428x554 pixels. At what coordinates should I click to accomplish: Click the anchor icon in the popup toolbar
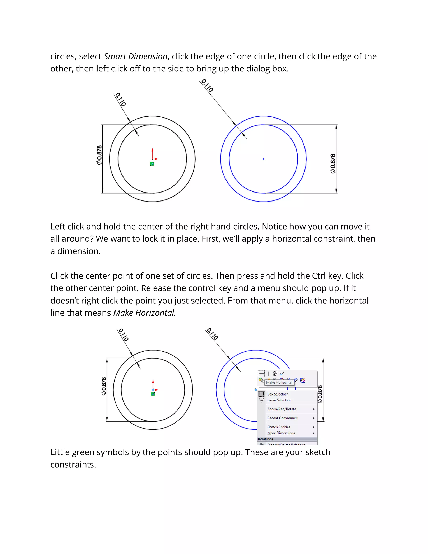click(x=275, y=373)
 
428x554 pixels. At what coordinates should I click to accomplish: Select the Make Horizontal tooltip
click(x=279, y=382)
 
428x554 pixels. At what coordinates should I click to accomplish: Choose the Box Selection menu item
click(x=278, y=394)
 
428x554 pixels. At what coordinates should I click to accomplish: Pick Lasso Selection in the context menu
click(x=279, y=400)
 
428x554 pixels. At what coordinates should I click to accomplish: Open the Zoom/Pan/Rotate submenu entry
click(x=282, y=409)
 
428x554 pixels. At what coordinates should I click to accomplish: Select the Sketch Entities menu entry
click(x=279, y=427)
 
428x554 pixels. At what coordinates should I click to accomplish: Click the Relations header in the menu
click(x=265, y=439)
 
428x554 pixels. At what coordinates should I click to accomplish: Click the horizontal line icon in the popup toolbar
click(x=261, y=374)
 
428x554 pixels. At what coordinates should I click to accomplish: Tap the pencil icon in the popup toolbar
click(x=302, y=380)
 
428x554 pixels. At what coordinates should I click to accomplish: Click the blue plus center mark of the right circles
click(x=264, y=159)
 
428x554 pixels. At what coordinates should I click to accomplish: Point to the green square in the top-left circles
click(x=152, y=164)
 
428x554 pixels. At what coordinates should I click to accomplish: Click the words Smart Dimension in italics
click(x=135, y=56)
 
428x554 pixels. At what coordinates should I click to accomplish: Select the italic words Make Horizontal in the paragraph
click(x=144, y=313)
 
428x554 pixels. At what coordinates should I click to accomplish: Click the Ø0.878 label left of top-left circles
click(x=99, y=155)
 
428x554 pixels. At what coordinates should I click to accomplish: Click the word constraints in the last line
click(x=73, y=465)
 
